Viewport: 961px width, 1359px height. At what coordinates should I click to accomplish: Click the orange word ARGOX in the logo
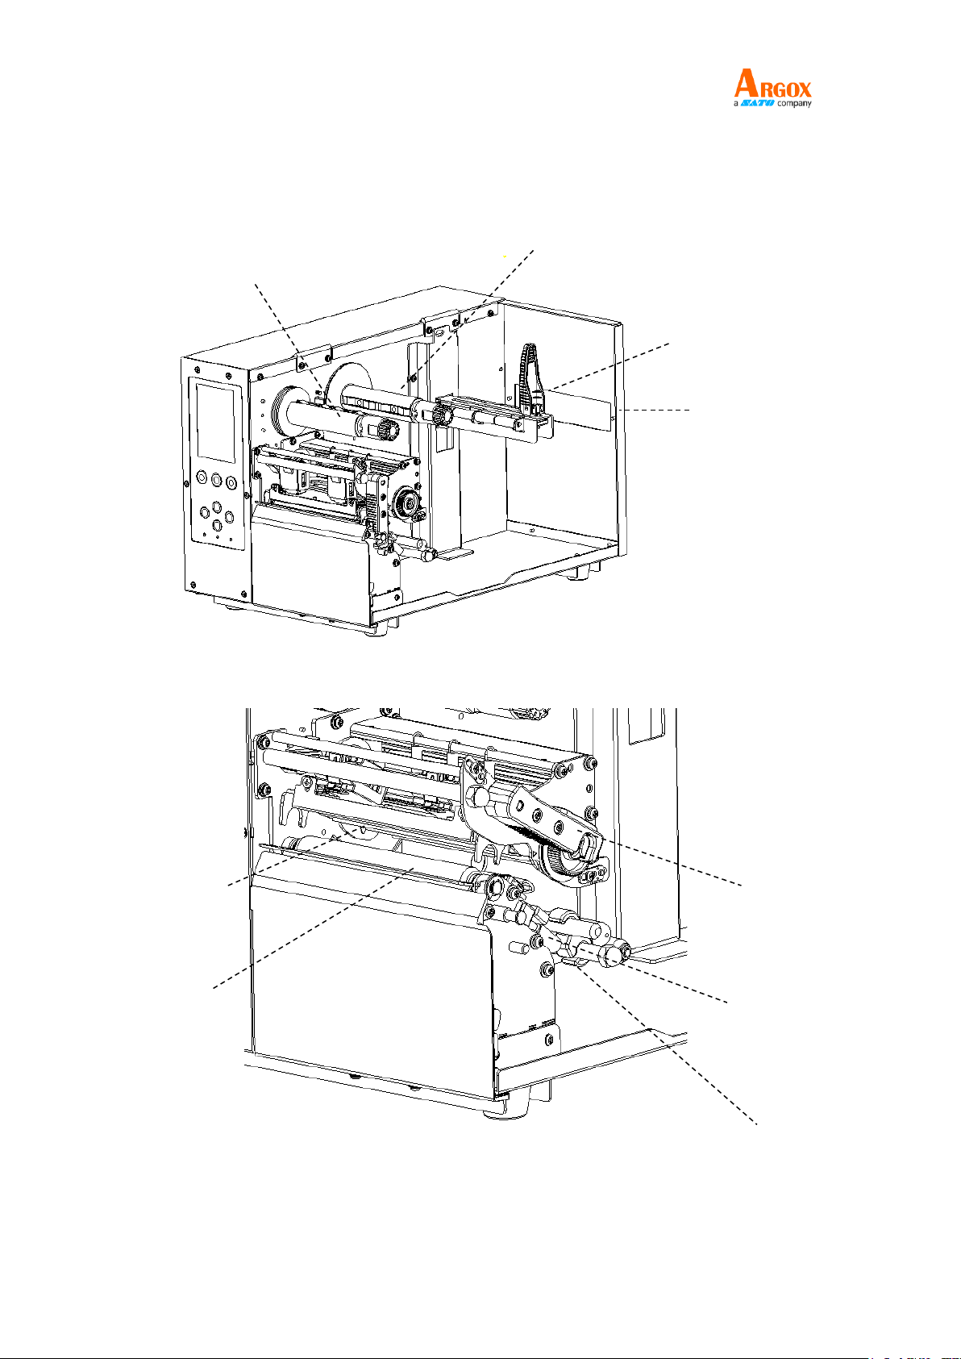(x=773, y=84)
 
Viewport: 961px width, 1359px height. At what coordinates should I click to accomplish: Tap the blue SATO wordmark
(x=757, y=104)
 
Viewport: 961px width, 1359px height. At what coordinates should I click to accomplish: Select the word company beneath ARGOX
(x=794, y=104)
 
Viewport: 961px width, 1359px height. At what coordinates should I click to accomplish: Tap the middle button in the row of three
(x=216, y=479)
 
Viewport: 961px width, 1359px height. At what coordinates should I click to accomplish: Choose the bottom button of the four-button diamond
(x=216, y=525)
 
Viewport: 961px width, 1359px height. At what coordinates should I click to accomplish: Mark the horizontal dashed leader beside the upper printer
(x=658, y=411)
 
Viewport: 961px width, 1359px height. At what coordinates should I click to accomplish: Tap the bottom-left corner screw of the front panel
(x=193, y=584)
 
